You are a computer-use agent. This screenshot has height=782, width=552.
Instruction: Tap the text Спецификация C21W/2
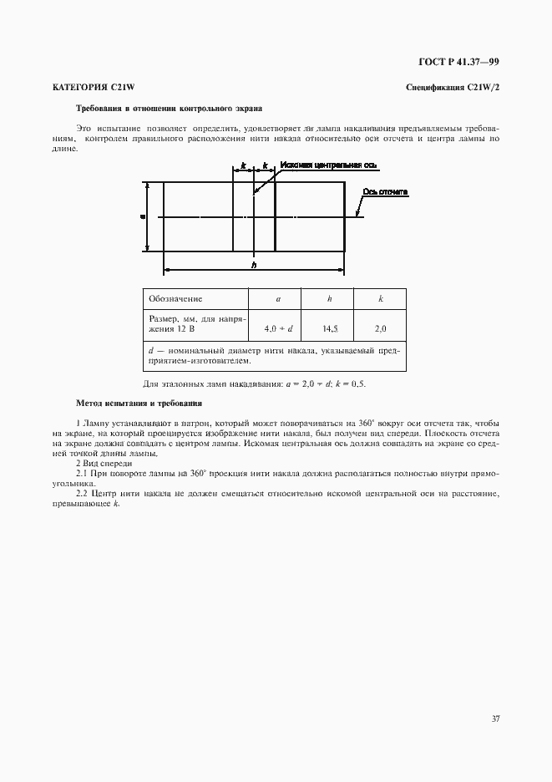click(452, 87)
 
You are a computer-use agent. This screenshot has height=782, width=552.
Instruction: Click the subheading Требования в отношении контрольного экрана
click(169, 109)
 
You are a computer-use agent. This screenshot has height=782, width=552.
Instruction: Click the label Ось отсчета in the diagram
click(385, 192)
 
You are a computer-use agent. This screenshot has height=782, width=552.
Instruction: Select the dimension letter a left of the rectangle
click(142, 216)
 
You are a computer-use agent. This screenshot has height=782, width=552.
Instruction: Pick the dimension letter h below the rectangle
click(253, 266)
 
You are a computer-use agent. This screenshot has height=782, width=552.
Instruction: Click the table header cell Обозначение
click(175, 298)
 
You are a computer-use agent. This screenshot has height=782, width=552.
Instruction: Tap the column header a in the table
click(277, 298)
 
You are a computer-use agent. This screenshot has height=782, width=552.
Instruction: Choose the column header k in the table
click(380, 298)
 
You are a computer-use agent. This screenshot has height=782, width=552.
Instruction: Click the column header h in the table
click(329, 298)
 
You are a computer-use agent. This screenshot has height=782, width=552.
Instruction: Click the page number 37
click(494, 718)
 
